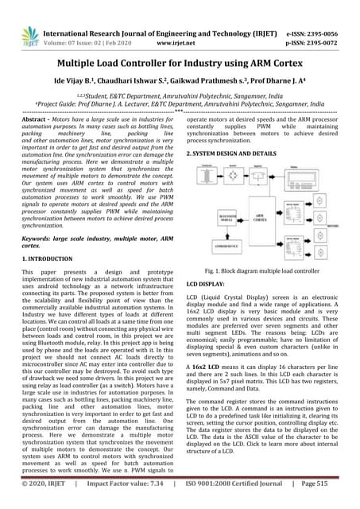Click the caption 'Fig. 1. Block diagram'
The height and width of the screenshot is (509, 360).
[x=261, y=271]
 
